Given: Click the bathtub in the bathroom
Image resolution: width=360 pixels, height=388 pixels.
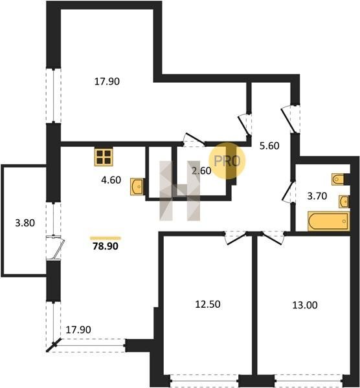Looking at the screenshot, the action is [328, 221].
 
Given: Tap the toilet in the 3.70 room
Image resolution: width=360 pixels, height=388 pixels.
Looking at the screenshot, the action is [338, 179].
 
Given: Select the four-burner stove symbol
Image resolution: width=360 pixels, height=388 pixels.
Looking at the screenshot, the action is [104, 157].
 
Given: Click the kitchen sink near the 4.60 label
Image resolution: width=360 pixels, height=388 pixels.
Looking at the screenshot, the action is [137, 187].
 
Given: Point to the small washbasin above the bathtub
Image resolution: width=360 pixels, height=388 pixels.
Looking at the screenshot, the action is [344, 201].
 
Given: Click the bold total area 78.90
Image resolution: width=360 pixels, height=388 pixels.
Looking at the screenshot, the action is [106, 246].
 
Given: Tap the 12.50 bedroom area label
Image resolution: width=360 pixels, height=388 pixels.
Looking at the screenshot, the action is [208, 304].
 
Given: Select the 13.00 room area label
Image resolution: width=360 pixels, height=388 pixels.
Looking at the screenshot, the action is [305, 305].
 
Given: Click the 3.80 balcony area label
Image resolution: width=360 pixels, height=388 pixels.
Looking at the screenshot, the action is [25, 223].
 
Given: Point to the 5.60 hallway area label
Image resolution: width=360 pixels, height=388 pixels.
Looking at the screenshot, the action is [269, 145].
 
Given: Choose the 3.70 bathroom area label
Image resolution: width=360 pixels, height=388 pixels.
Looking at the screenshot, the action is [317, 196].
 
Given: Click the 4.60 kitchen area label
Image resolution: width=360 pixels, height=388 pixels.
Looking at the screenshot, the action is [111, 180].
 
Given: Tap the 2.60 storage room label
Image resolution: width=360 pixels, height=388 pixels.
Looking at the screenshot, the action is [201, 171].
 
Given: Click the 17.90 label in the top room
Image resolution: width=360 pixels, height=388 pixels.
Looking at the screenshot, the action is [107, 81].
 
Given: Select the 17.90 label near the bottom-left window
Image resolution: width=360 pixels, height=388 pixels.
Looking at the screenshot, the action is [78, 330].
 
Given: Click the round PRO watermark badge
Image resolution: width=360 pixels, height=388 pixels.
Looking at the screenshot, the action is [227, 160].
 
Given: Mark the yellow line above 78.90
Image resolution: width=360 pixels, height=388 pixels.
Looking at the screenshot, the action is [106, 238].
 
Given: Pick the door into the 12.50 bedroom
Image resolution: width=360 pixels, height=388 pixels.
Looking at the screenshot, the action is [236, 237].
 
